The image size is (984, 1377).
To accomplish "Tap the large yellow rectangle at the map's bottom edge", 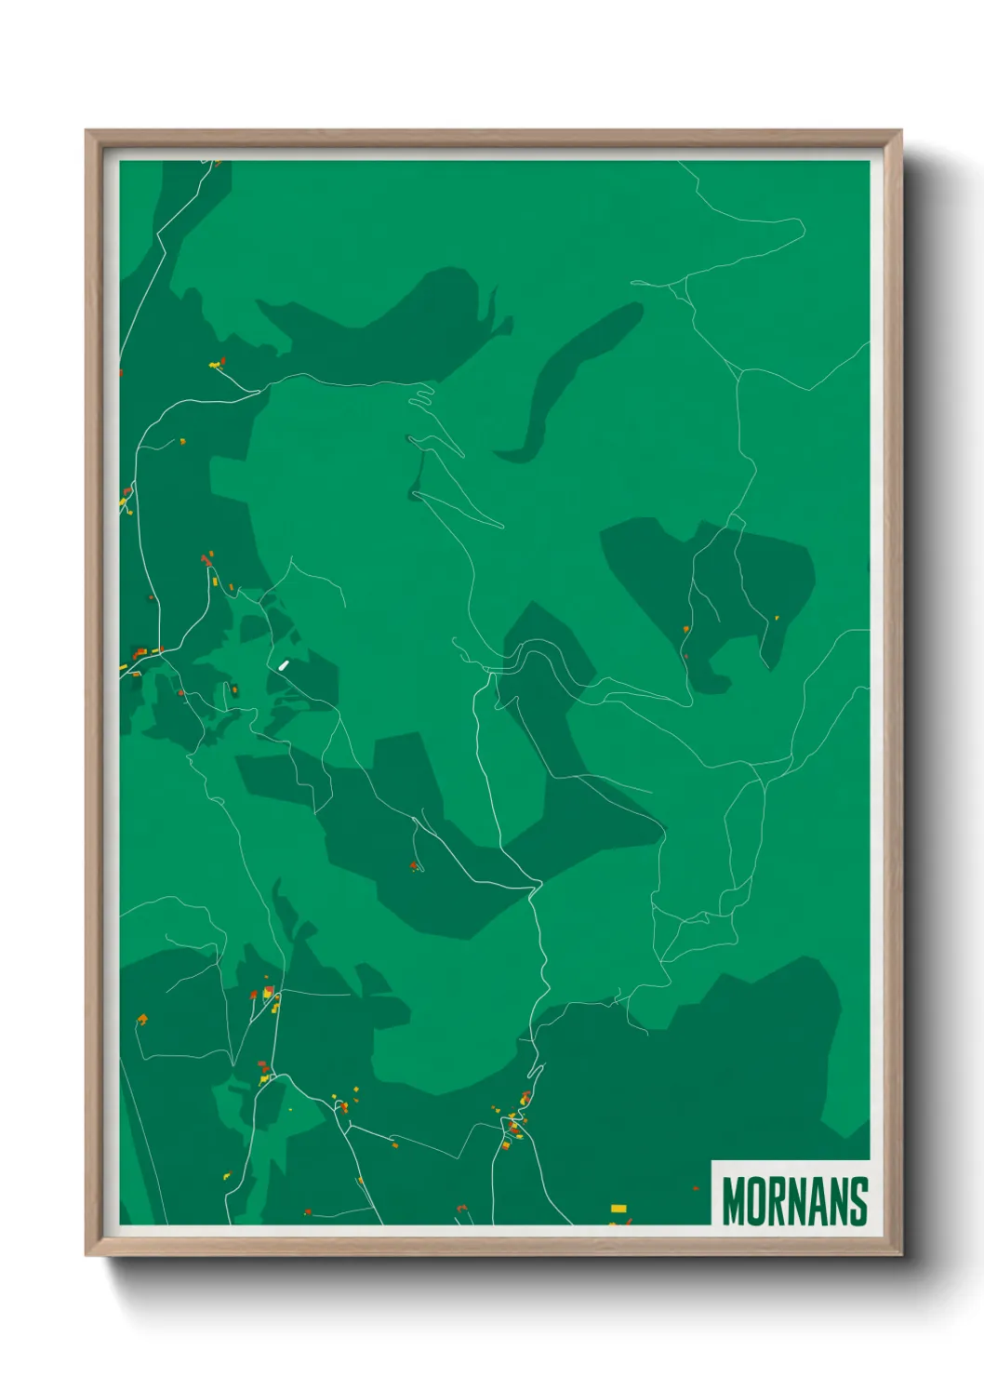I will [618, 1209].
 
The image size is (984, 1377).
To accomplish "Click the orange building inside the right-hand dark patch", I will [686, 630].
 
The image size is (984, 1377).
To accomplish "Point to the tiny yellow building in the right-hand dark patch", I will [777, 617].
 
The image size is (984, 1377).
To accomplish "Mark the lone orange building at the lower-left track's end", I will [142, 1020].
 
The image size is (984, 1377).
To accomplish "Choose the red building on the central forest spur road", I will [414, 866].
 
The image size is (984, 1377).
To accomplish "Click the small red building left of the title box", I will [695, 1188].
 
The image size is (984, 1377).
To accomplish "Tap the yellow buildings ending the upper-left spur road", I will [217, 364].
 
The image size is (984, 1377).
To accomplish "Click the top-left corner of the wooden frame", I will [87, 131].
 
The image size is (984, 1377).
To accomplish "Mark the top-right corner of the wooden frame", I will [900, 131].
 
